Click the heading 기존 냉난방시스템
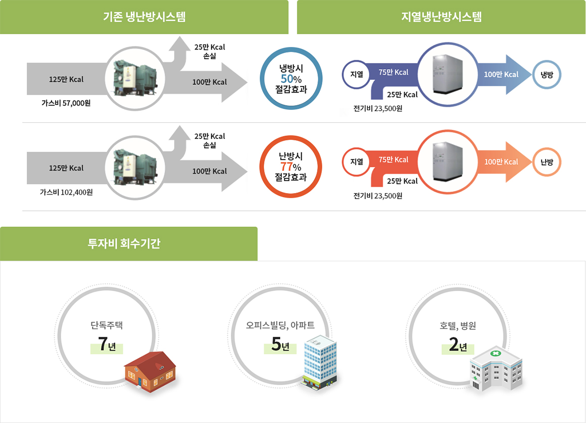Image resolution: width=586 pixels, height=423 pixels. (144, 17)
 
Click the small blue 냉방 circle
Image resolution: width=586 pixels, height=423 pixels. (547, 74)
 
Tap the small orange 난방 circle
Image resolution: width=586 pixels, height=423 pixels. (547, 162)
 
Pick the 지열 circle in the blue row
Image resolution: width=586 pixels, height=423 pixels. (357, 74)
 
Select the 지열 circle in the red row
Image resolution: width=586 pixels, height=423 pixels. (357, 162)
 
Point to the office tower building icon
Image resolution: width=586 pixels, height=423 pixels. (319, 361)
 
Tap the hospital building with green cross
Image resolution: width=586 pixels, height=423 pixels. (495, 367)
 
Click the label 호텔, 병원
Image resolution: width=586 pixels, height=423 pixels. (458, 326)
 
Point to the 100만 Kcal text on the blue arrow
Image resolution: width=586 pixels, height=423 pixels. (501, 74)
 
